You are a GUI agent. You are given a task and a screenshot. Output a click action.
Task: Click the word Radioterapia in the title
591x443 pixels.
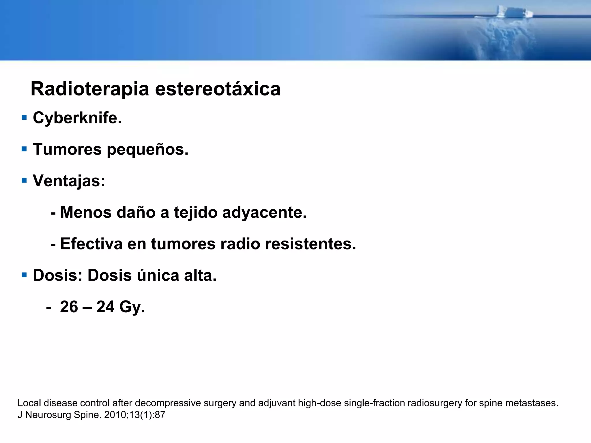[90, 89]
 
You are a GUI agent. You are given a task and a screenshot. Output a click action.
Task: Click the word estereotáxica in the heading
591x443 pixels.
[218, 89]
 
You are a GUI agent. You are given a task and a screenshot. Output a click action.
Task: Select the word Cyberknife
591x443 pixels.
[77, 118]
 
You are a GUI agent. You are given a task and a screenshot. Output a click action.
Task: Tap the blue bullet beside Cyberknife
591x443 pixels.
[24, 117]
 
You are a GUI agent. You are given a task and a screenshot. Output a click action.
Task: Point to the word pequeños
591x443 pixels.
[147, 150]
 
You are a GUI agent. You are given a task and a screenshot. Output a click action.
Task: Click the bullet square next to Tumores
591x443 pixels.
[24, 149]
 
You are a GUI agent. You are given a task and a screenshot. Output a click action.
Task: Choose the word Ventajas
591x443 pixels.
[69, 181]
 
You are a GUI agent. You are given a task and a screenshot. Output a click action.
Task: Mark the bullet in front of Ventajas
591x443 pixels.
[24, 181]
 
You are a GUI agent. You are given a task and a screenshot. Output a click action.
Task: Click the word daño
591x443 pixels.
[136, 213]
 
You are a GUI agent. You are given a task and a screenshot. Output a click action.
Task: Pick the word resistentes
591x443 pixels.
[311, 244]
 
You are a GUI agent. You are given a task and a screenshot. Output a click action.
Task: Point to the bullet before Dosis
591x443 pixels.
[24, 275]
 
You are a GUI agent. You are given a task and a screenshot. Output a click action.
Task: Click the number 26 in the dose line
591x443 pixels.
[69, 307]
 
